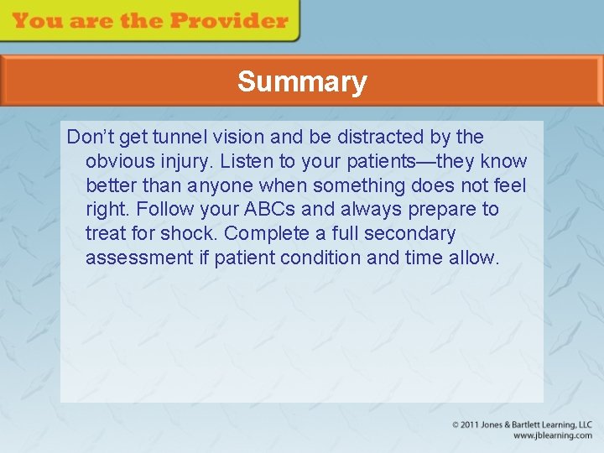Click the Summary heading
tap(302, 81)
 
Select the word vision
tap(234, 137)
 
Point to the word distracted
tap(377, 137)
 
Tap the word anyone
tap(220, 185)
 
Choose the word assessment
tap(139, 258)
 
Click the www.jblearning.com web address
tap(552, 435)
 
